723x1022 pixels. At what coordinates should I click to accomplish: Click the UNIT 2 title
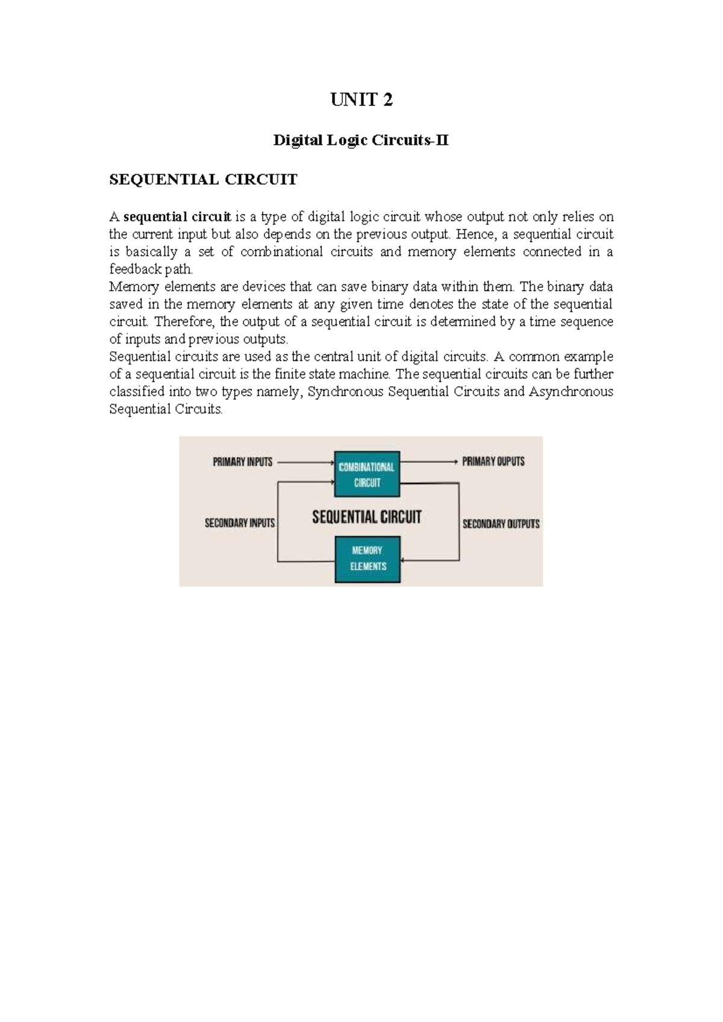pyautogui.click(x=361, y=100)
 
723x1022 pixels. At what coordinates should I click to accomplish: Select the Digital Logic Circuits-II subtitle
pyautogui.click(x=361, y=141)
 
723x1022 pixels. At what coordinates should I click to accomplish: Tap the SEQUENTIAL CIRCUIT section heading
pyautogui.click(x=203, y=180)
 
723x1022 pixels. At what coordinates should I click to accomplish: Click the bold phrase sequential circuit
pyautogui.click(x=177, y=217)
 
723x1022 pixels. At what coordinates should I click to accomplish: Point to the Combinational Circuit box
pyautogui.click(x=367, y=474)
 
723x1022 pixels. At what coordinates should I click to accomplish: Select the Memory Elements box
pyautogui.click(x=368, y=559)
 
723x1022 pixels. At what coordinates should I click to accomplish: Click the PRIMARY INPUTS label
pyautogui.click(x=243, y=462)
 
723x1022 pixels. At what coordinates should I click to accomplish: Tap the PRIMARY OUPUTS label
pyautogui.click(x=493, y=462)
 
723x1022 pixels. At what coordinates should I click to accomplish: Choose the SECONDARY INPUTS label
pyautogui.click(x=240, y=523)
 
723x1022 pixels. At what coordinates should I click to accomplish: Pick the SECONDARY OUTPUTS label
pyautogui.click(x=501, y=524)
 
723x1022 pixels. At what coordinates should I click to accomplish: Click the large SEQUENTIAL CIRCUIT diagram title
pyautogui.click(x=366, y=517)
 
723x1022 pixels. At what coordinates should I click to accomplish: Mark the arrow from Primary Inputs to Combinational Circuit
pyautogui.click(x=304, y=463)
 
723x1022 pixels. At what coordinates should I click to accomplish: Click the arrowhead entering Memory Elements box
pyautogui.click(x=404, y=562)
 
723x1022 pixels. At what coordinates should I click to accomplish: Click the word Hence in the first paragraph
pyautogui.click(x=474, y=234)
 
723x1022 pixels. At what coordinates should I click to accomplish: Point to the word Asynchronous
pyautogui.click(x=571, y=392)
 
